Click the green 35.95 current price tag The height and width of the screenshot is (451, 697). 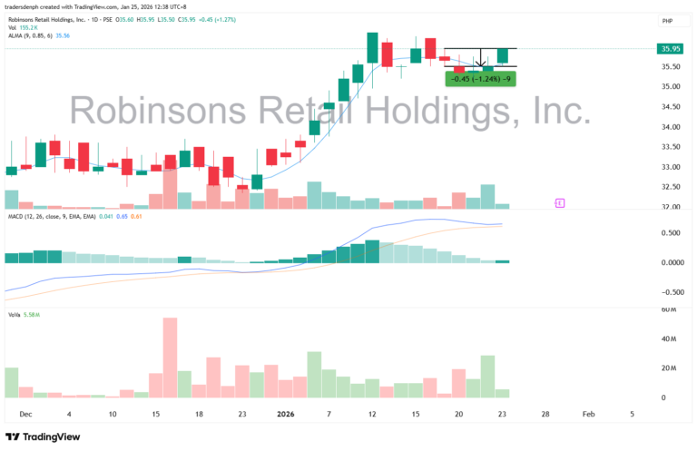[x=672, y=49]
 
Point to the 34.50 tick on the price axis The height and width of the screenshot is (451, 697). [x=672, y=107]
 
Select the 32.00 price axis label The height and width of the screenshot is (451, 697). [x=672, y=207]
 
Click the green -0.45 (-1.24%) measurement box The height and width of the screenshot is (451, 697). [x=481, y=79]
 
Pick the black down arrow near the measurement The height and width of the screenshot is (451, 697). [x=480, y=64]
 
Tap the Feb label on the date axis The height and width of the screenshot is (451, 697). [x=588, y=413]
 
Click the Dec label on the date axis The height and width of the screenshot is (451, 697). [x=25, y=413]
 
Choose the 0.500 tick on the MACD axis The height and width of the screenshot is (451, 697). [x=672, y=232]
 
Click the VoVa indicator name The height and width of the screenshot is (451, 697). [x=14, y=315]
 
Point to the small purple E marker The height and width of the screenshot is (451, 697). [x=559, y=202]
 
